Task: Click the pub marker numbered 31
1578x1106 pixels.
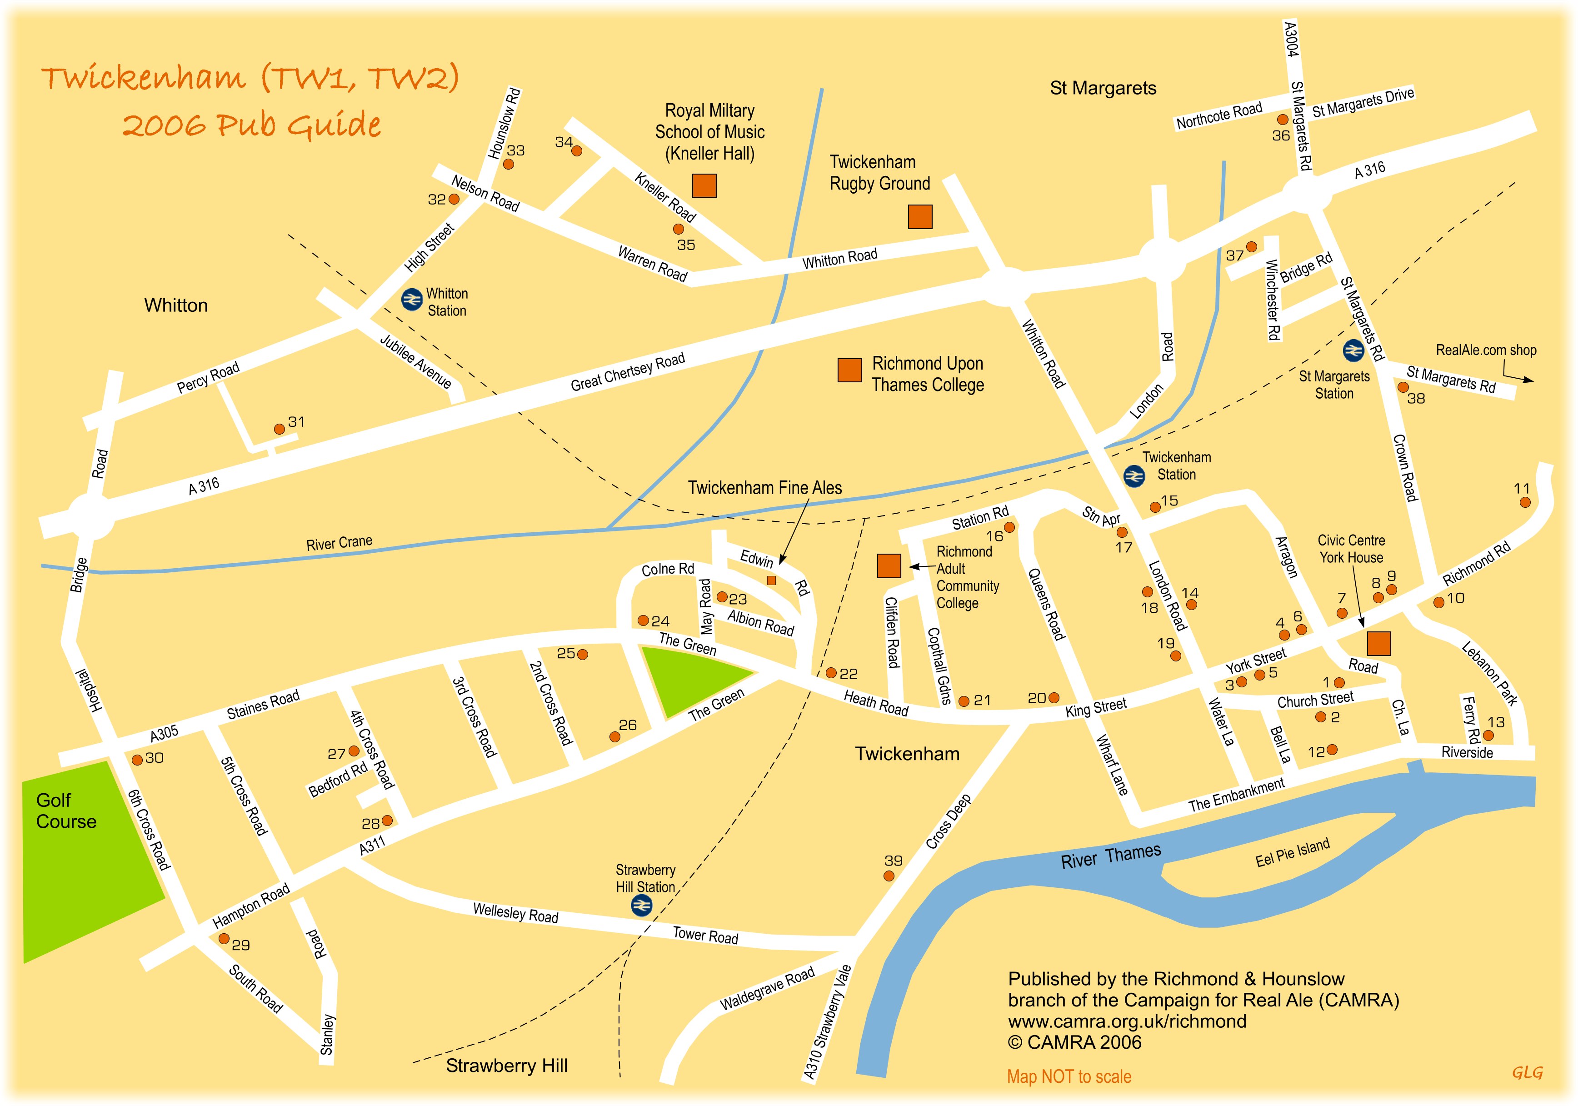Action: tap(279, 429)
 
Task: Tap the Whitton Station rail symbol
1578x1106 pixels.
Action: tap(412, 300)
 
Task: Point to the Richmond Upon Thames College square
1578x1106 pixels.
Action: tap(849, 370)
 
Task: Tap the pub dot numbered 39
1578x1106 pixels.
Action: tap(889, 876)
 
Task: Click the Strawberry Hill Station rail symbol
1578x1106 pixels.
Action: tap(641, 906)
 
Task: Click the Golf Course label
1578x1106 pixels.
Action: tap(66, 811)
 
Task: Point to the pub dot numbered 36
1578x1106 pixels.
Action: tap(1283, 120)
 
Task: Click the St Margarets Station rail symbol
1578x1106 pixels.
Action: tap(1353, 350)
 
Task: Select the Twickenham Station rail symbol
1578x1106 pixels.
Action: tap(1134, 475)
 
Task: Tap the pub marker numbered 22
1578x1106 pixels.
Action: tap(831, 672)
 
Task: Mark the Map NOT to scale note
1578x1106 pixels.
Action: tap(1069, 1076)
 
